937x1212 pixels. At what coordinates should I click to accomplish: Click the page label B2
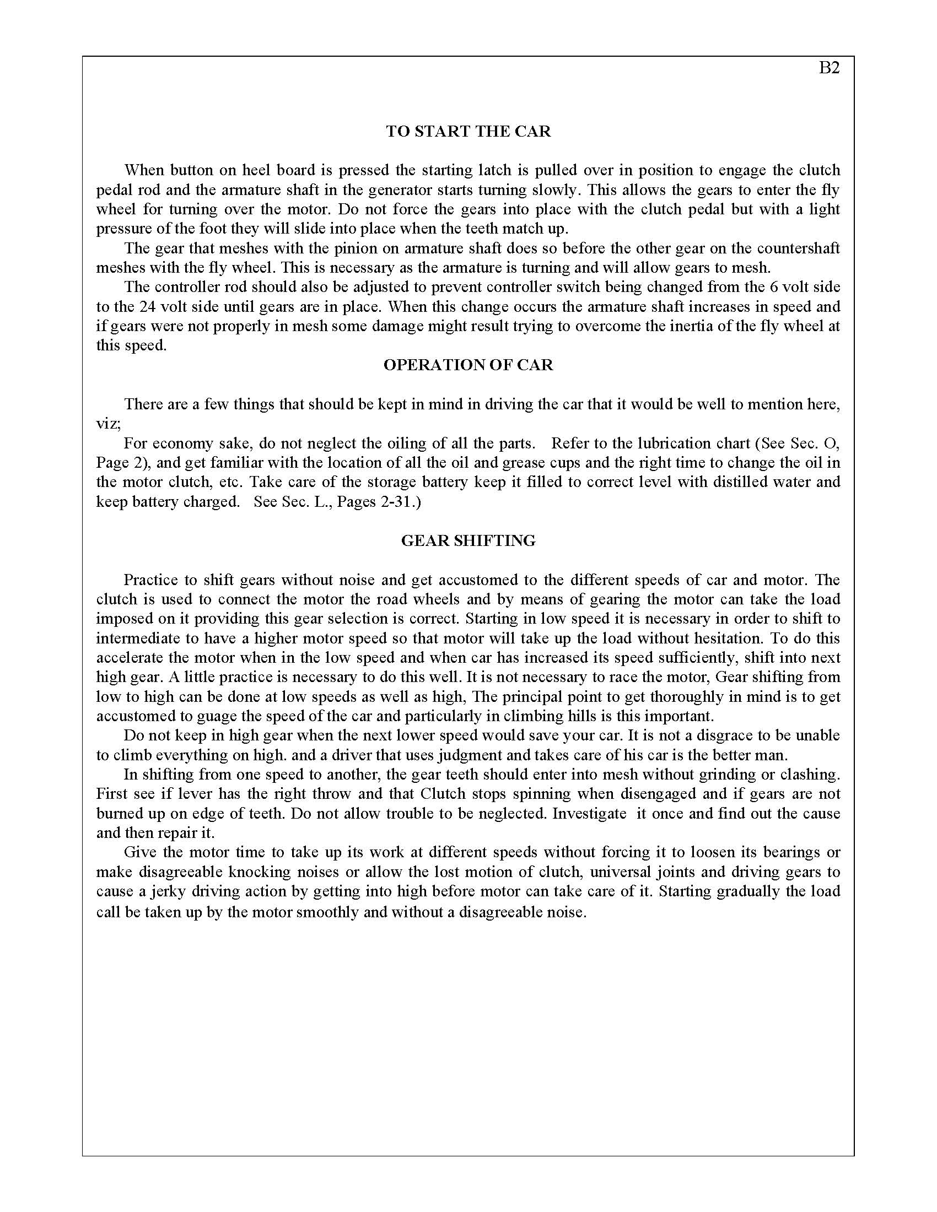pyautogui.click(x=830, y=68)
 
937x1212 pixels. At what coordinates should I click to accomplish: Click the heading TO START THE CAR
pyautogui.click(x=468, y=132)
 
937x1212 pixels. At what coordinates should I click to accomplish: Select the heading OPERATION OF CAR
pyautogui.click(x=468, y=365)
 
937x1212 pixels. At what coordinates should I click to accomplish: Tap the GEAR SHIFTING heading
pyautogui.click(x=468, y=540)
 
